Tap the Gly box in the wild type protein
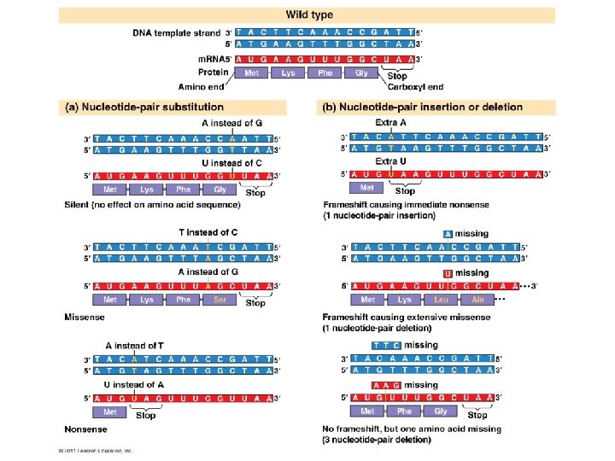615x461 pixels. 361,73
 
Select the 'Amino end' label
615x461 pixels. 200,86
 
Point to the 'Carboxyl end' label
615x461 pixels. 415,86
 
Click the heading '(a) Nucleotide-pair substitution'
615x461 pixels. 144,108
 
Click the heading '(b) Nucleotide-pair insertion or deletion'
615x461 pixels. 421,108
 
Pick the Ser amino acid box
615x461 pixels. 220,300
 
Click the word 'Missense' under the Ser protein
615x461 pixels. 85,317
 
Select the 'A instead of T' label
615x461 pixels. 134,345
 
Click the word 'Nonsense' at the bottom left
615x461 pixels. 85,429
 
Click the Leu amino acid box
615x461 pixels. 441,300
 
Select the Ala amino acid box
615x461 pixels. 477,300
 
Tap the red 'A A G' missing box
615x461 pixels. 386,385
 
